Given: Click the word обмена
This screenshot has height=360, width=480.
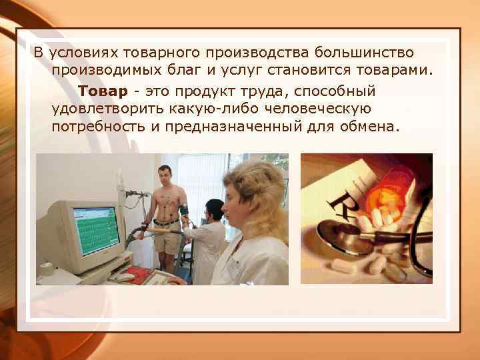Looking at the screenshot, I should point(368,126).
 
